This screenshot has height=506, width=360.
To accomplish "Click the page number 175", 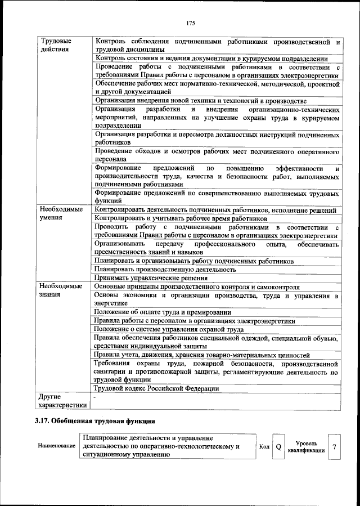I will tap(190, 23).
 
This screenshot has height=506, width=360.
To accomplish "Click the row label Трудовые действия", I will tap(55, 45).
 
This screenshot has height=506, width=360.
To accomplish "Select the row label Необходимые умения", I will tap(61, 214).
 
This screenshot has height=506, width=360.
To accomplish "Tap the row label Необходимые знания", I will tap(61, 290).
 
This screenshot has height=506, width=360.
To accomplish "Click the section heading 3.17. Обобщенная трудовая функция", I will tap(94, 421).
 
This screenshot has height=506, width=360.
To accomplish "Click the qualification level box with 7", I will tap(334, 447).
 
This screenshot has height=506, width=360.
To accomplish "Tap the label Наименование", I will tap(57, 446).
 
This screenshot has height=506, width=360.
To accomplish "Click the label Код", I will tap(264, 447).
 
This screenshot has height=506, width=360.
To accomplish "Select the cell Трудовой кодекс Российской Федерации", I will tap(156, 388).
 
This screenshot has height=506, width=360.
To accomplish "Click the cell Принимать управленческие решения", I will tap(150, 277).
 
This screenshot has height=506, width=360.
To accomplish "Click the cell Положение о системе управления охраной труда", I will tap(169, 329).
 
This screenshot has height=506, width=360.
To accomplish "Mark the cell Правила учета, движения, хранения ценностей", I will tap(202, 355).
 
